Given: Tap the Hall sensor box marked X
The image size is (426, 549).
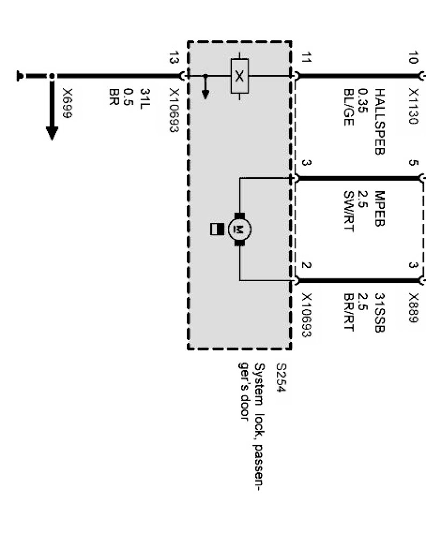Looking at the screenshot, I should click(x=239, y=76).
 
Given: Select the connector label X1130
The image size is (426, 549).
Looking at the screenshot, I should click(x=412, y=106).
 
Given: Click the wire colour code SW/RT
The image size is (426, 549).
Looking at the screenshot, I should click(x=349, y=210).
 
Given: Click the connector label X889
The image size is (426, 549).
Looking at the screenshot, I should click(x=412, y=307).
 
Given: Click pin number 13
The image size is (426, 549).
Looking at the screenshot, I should click(x=173, y=58).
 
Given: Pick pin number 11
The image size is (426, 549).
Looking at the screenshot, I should click(x=306, y=58).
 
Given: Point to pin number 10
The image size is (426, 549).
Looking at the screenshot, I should click(x=412, y=58).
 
